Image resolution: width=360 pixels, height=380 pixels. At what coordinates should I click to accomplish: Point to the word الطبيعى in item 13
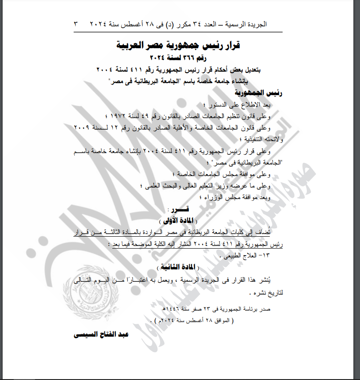[x=234, y=255]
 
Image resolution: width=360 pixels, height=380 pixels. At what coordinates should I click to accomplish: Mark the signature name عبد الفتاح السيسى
[x=101, y=334]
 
